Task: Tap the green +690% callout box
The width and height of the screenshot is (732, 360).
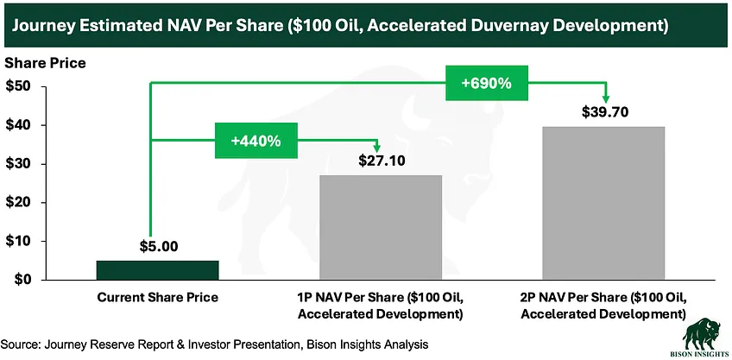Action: coord(487,85)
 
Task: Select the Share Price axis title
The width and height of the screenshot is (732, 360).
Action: coord(45,64)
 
